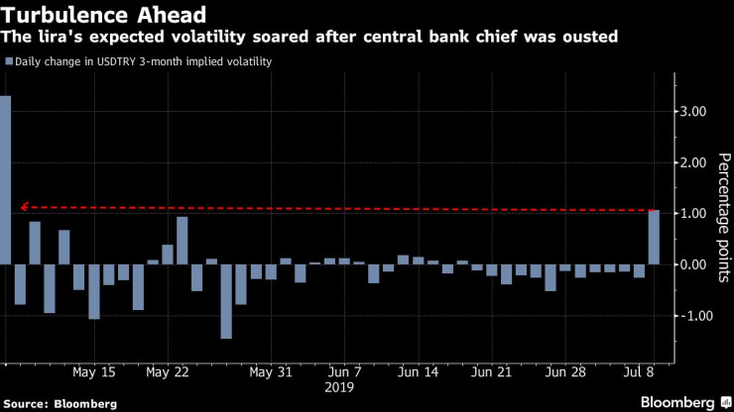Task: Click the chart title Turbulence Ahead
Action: [x=105, y=15]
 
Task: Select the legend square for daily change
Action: [x=8, y=61]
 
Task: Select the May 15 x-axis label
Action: [x=94, y=372]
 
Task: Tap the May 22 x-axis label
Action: [x=167, y=372]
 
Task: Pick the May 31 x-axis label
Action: [x=271, y=372]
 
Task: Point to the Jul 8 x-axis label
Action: [x=640, y=372]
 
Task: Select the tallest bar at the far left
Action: [x=5, y=179]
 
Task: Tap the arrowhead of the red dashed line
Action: [x=25, y=207]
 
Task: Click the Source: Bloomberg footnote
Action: [x=60, y=403]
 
